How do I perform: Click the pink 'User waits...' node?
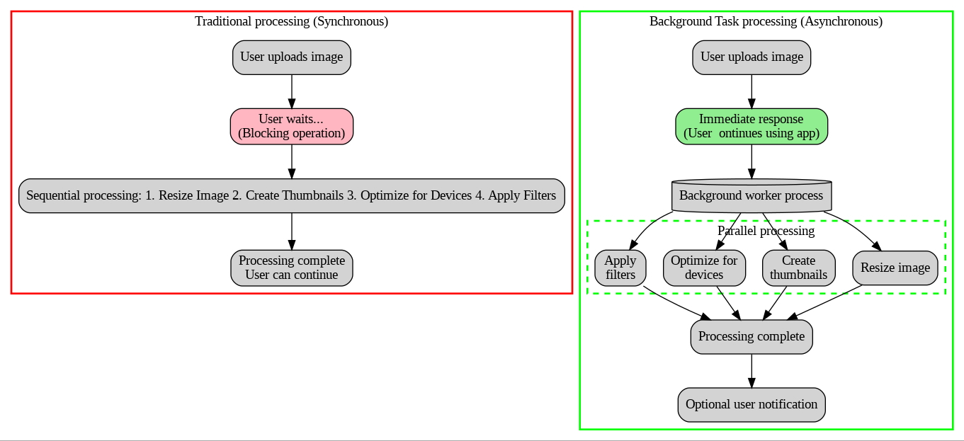(x=291, y=127)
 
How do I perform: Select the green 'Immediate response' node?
(x=751, y=127)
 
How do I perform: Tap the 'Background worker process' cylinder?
(x=751, y=195)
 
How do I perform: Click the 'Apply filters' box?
(x=620, y=268)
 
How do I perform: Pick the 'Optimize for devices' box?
(x=703, y=268)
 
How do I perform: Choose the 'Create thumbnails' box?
(x=798, y=268)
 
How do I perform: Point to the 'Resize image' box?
(x=895, y=268)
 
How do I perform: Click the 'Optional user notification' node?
(x=751, y=404)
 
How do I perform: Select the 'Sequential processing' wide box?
(x=291, y=195)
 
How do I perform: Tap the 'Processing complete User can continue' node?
(x=291, y=268)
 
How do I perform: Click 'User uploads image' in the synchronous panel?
(x=291, y=57)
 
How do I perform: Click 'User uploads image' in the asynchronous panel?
(x=751, y=57)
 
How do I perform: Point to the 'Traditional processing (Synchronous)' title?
(x=291, y=21)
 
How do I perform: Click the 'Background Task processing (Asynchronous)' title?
(x=766, y=21)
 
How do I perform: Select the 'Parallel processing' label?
(x=766, y=231)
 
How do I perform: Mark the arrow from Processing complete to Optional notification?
(x=751, y=370)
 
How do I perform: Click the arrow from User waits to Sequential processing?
(x=291, y=161)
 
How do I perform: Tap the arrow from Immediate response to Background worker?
(x=751, y=162)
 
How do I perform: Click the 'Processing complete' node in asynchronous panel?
(x=751, y=336)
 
